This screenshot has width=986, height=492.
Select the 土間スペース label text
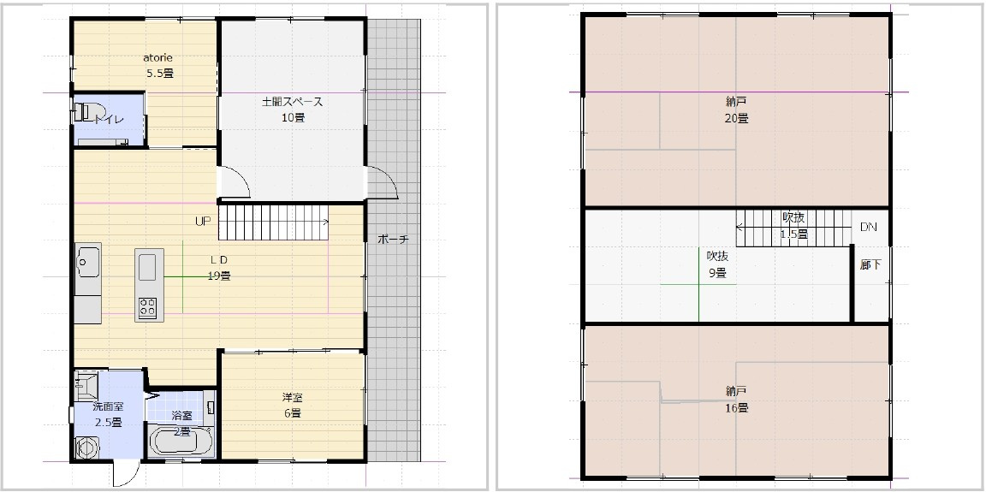pyautogui.click(x=293, y=102)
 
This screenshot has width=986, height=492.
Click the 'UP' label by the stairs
pyautogui.click(x=202, y=221)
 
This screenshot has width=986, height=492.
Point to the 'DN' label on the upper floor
pyautogui.click(x=868, y=227)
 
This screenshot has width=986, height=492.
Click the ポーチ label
pyautogui.click(x=393, y=240)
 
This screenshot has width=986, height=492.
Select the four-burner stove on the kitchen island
pyautogui.click(x=148, y=306)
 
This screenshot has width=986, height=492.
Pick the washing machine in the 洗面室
pyautogui.click(x=86, y=448)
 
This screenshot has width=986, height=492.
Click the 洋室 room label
pyautogui.click(x=293, y=397)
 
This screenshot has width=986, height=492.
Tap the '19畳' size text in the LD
pyautogui.click(x=220, y=276)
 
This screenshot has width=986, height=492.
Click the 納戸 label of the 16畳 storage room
pyautogui.click(x=736, y=391)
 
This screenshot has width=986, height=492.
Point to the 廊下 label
pyautogui.click(x=870, y=264)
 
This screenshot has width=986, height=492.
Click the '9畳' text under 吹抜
pyautogui.click(x=716, y=273)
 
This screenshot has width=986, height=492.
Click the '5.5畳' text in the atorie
pyautogui.click(x=160, y=73)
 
